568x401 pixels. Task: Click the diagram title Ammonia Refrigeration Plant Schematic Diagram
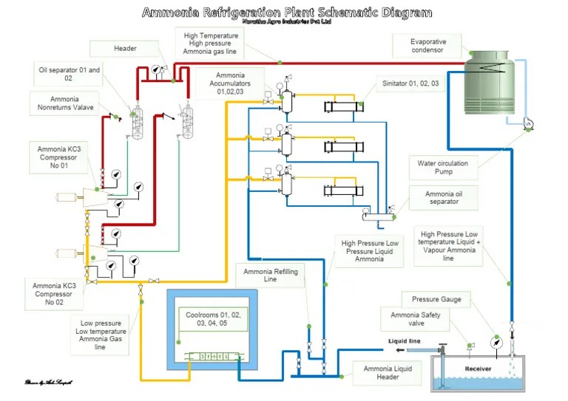coord(287,13)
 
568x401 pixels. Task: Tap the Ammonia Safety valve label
coord(408,319)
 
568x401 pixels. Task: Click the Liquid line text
coord(405,341)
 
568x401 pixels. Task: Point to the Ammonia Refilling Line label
coord(271,277)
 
